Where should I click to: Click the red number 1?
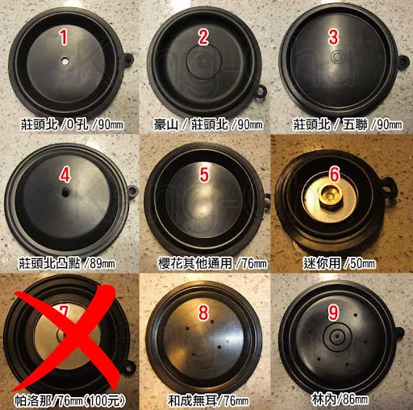click(x=64, y=37)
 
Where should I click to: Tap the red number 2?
click(x=203, y=37)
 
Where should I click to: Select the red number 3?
click(x=333, y=37)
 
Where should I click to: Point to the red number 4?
click(x=65, y=175)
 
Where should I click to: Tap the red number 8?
click(x=203, y=312)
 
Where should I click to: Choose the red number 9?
click(x=333, y=312)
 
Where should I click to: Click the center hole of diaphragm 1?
click(x=65, y=61)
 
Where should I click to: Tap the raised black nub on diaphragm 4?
click(x=65, y=192)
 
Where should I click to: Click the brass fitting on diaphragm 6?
click(x=330, y=195)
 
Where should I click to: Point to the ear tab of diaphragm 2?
click(x=261, y=91)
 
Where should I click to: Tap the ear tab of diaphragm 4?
click(x=132, y=190)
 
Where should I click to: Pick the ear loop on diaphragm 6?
click(x=388, y=184)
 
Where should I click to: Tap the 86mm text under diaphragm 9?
click(x=353, y=400)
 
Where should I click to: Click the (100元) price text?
click(x=105, y=402)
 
